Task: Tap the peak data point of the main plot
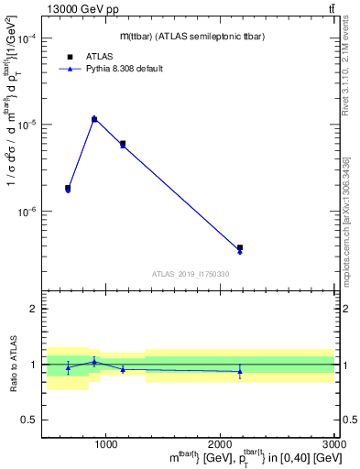[94, 118]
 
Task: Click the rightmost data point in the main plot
[240, 248]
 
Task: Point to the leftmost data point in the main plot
[68, 188]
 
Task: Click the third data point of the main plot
[123, 144]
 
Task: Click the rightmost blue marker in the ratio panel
[240, 371]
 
